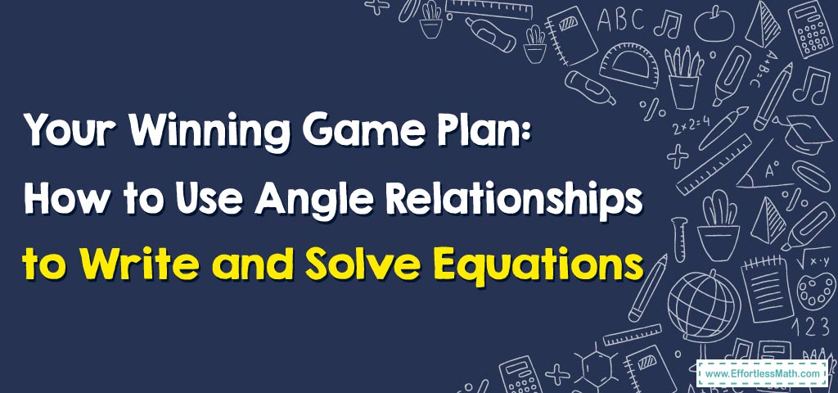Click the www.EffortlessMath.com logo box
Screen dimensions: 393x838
point(762,373)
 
